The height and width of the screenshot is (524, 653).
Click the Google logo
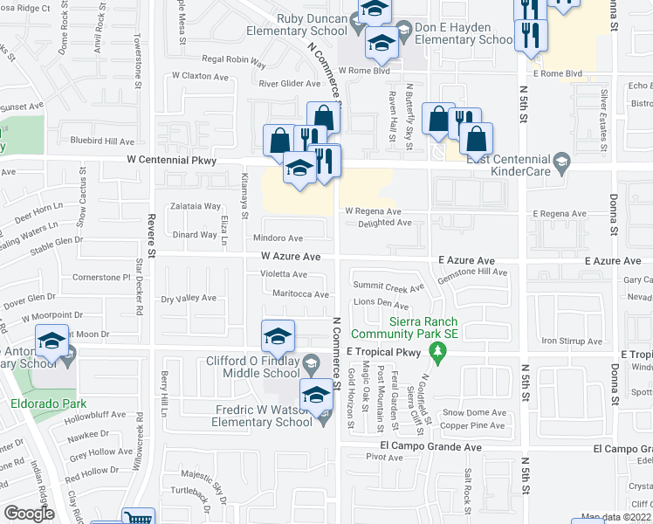pos(30,514)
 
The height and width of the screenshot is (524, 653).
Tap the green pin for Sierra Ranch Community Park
pos(439,352)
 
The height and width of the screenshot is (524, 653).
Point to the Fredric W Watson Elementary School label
pos(262,416)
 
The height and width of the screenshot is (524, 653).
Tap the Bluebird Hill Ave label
pos(102,141)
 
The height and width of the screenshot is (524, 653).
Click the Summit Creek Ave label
pos(388,286)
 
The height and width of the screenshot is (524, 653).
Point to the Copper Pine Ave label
pos(472,426)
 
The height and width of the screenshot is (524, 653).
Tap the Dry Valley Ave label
pos(189,299)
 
